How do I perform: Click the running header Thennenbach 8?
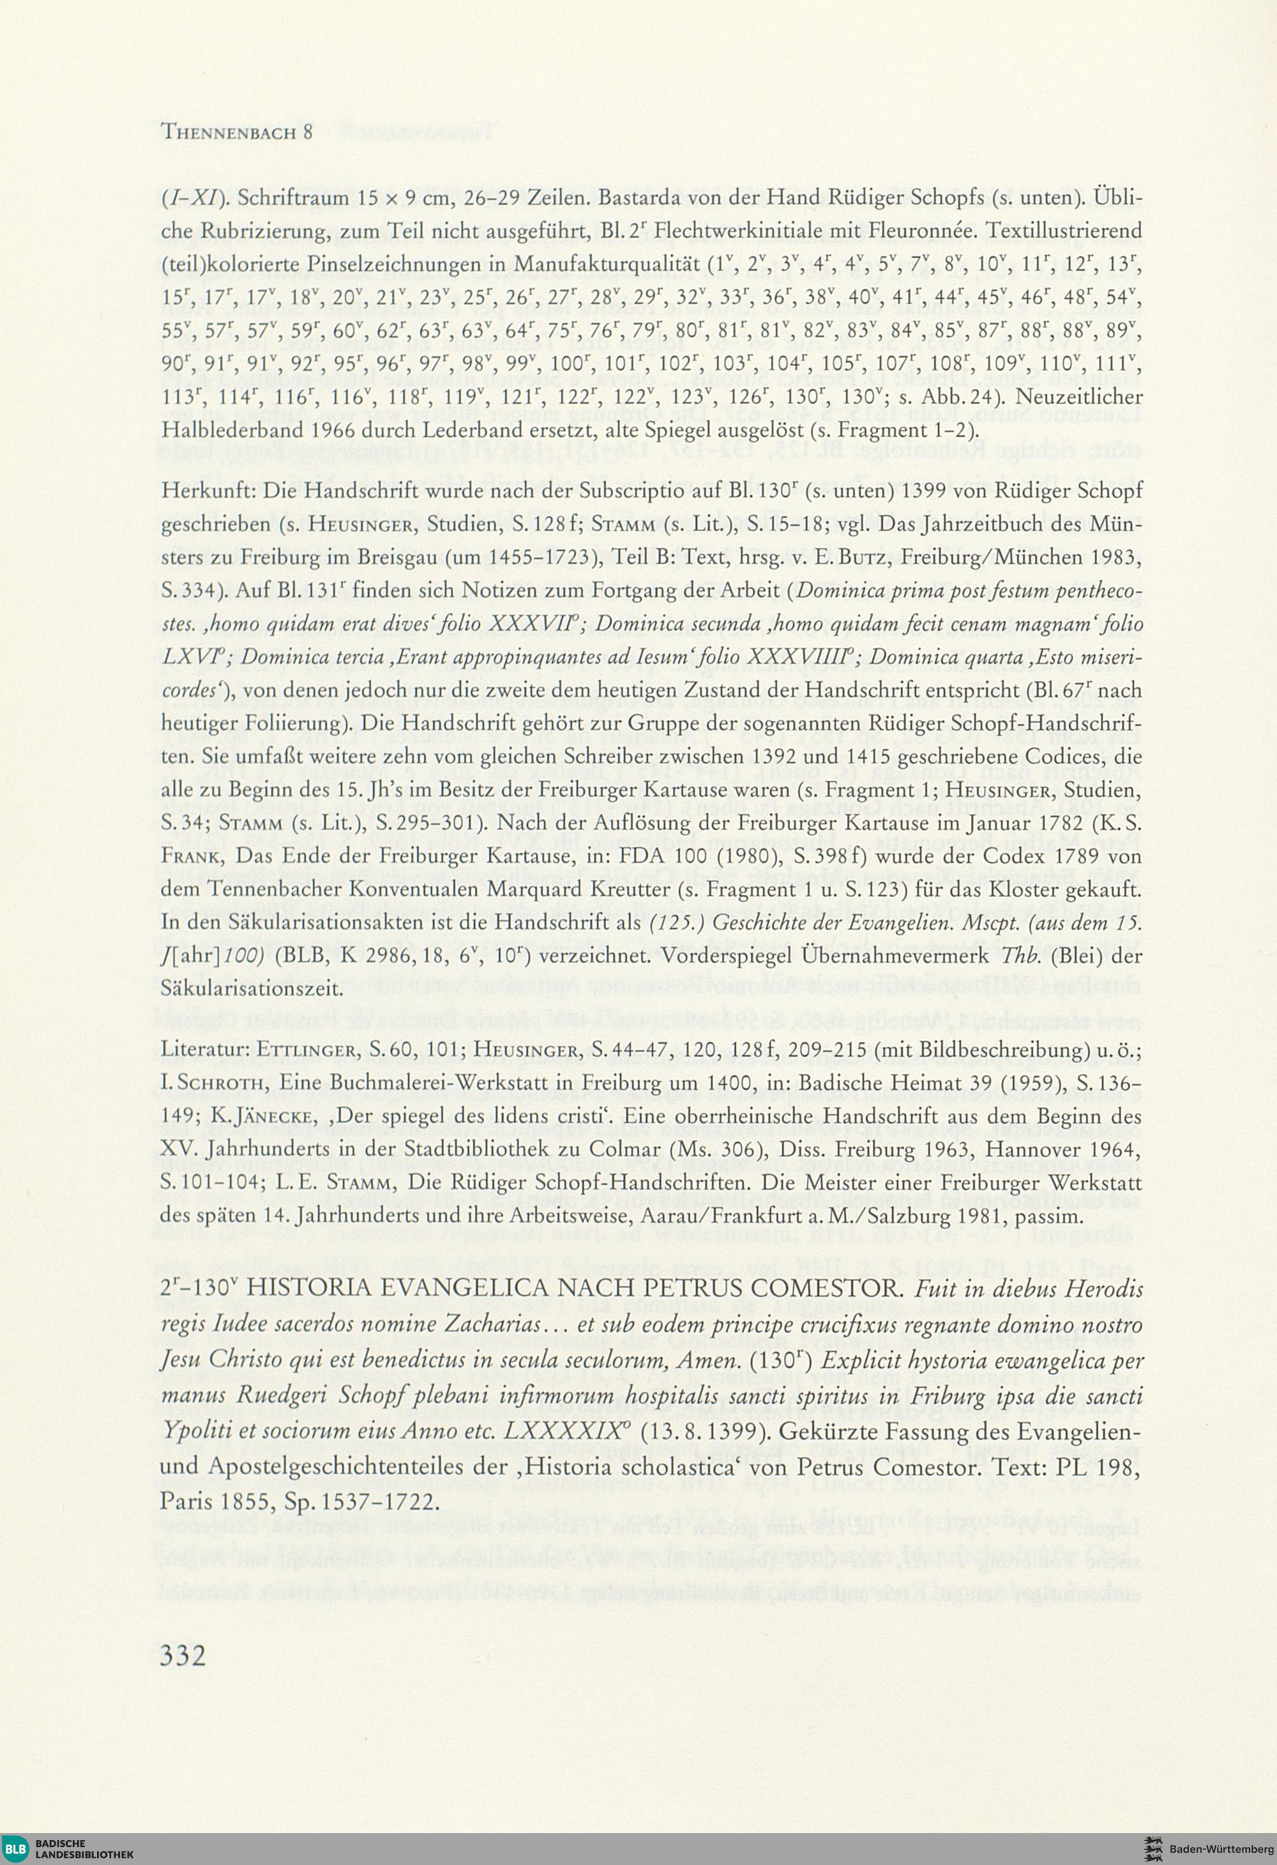tap(238, 132)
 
